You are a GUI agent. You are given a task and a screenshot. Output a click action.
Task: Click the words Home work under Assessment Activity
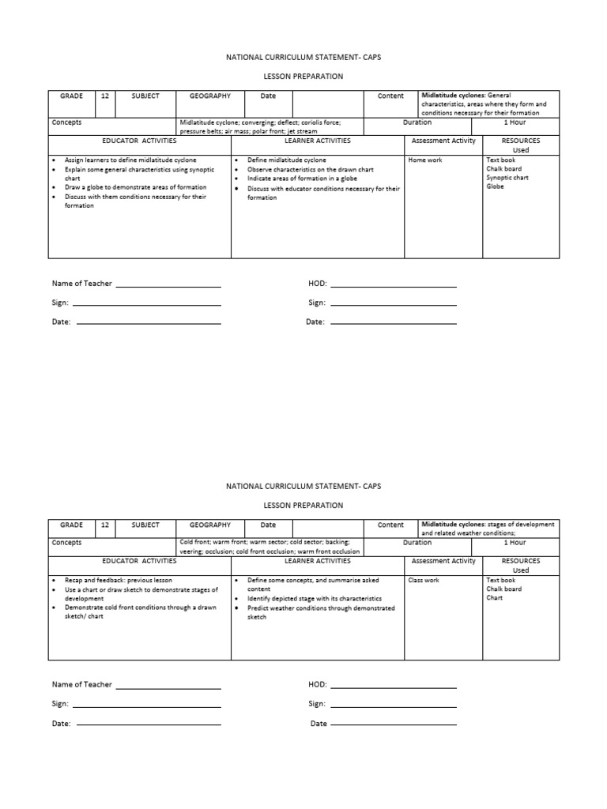[424, 160]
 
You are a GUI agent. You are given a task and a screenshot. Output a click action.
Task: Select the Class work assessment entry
[424, 580]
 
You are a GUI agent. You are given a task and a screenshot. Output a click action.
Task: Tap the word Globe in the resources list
[495, 186]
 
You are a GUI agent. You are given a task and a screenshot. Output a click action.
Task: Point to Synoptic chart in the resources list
[507, 178]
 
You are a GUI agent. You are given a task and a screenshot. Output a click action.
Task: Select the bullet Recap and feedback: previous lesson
[118, 580]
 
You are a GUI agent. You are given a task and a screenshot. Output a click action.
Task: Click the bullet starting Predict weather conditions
[320, 608]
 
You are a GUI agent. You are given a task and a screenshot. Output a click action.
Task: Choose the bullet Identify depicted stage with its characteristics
[314, 599]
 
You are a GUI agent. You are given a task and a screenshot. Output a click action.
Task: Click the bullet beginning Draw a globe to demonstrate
[130, 187]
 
